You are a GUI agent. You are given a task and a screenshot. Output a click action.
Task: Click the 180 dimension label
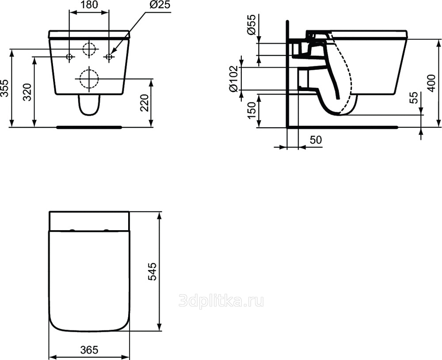[x=89, y=5]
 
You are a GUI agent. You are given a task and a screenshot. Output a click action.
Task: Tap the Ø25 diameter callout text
[x=160, y=5]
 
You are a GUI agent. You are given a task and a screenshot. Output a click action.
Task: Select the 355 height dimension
[x=4, y=88]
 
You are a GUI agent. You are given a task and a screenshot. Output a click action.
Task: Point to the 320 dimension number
[x=27, y=92]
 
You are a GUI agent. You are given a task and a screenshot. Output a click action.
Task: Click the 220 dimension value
[x=144, y=103]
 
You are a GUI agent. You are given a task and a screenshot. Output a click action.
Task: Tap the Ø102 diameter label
[x=234, y=79]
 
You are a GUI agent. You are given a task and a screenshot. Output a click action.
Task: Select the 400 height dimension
[x=431, y=83]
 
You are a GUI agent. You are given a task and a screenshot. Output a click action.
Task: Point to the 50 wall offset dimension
[x=316, y=140]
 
